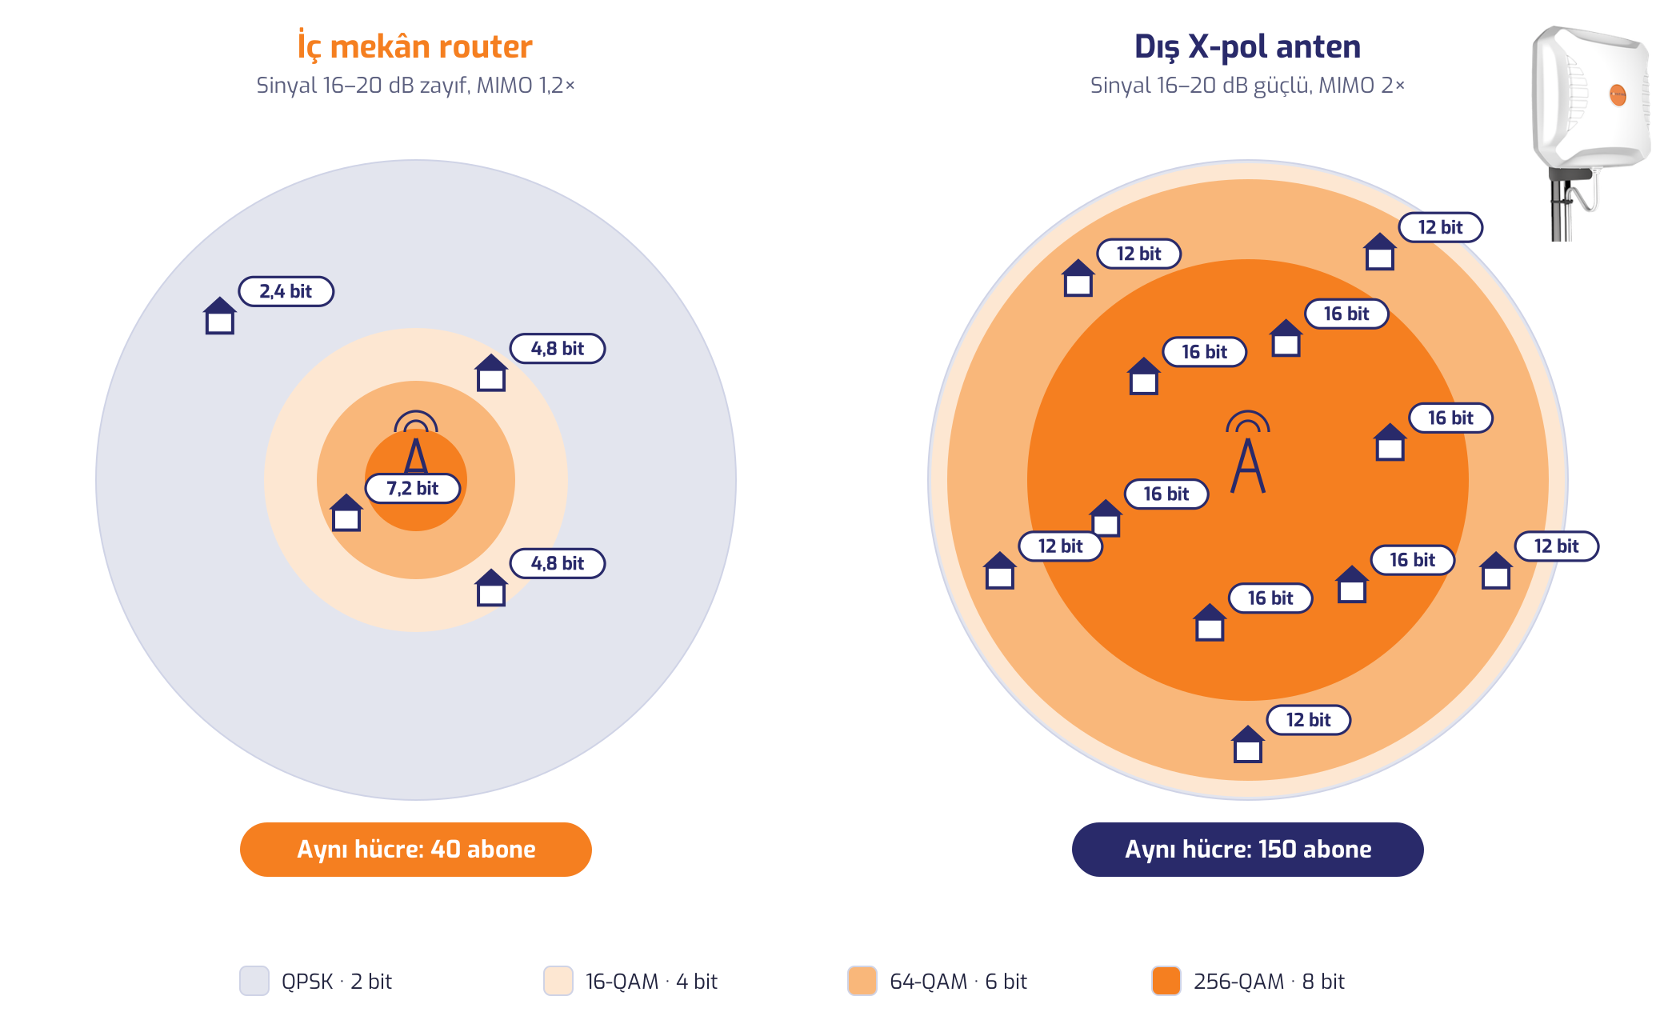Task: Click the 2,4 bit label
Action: (x=286, y=291)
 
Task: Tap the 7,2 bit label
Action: (x=413, y=488)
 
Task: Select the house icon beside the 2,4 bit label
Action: (x=219, y=315)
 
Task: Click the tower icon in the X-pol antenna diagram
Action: (x=1248, y=452)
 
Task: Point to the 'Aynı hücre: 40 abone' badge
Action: (x=416, y=849)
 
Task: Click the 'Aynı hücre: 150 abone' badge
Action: (x=1248, y=849)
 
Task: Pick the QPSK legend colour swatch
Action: (x=254, y=981)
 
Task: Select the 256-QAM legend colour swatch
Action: (x=1166, y=981)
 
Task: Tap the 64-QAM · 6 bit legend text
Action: (x=958, y=982)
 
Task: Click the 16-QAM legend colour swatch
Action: (x=558, y=981)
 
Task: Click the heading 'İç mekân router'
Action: (x=415, y=46)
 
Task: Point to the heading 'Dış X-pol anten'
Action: (x=1248, y=46)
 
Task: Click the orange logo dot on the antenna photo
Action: (x=1618, y=95)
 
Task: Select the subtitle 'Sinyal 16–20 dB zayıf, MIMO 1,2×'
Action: (x=415, y=86)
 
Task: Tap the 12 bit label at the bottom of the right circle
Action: (x=1309, y=720)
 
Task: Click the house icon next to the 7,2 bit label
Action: (x=346, y=513)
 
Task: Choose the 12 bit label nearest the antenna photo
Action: (x=1441, y=227)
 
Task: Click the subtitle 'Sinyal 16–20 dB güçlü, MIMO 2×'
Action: (x=1248, y=86)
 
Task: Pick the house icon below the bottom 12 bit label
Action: (x=1248, y=744)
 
